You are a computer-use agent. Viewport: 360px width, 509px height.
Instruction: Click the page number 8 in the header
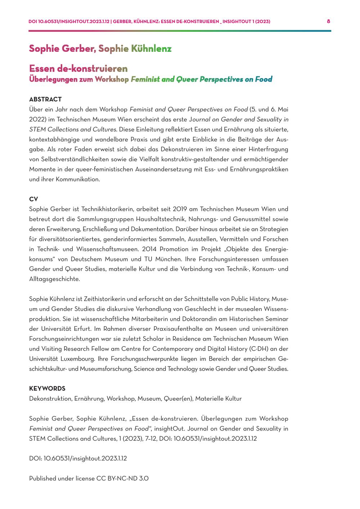click(x=328, y=21)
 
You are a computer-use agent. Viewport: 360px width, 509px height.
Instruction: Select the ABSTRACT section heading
click(x=45, y=99)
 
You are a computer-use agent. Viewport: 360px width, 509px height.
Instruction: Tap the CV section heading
click(x=33, y=199)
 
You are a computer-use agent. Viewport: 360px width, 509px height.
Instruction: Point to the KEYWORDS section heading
click(x=47, y=388)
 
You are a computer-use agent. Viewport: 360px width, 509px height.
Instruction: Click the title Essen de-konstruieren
click(x=78, y=68)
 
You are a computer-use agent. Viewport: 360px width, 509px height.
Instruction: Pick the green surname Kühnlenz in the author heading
click(x=151, y=49)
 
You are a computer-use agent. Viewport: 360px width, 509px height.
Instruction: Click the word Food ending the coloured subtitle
click(x=264, y=79)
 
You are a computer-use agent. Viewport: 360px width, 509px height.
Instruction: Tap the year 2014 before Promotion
click(x=147, y=249)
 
